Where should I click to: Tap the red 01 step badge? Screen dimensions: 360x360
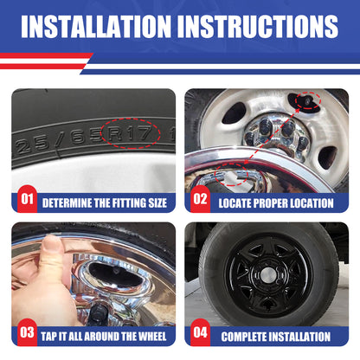point(27,201)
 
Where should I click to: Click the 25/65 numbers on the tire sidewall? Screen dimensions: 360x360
point(61,141)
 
